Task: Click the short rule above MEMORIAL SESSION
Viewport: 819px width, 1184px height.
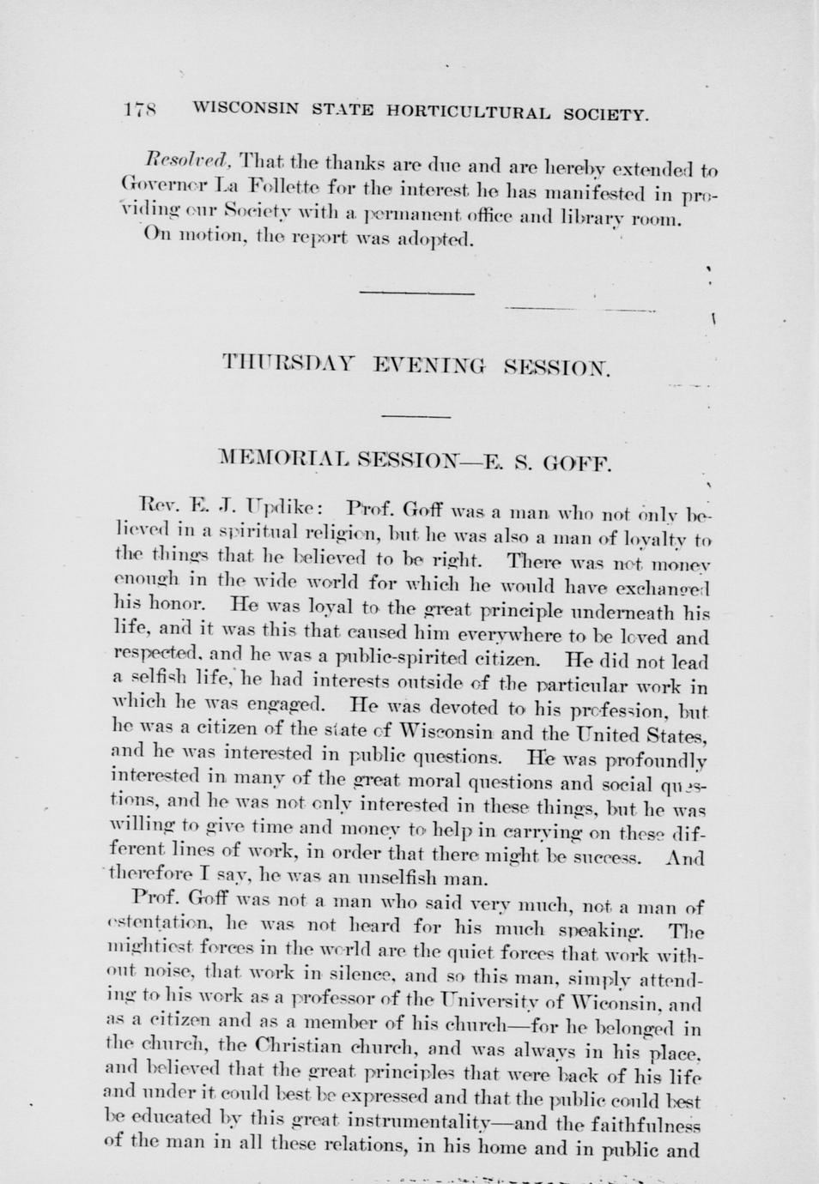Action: coord(416,416)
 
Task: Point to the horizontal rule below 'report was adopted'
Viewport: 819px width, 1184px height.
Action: coord(417,293)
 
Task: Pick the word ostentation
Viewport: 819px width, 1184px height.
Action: coord(162,924)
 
